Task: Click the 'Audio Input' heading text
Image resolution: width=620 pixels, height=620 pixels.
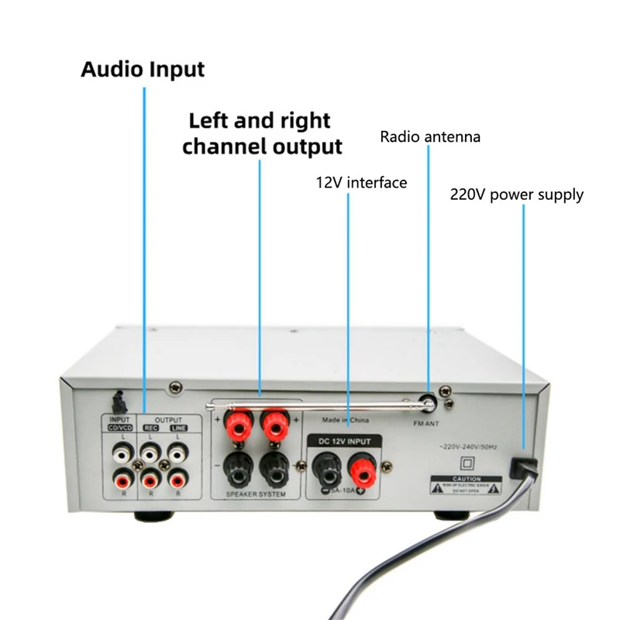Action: point(143,69)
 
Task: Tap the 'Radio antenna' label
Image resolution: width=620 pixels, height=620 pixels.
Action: point(430,137)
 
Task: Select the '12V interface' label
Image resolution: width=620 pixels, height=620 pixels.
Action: point(361,183)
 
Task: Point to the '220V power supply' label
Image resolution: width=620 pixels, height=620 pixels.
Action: point(516,194)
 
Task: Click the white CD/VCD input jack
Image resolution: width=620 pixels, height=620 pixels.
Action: point(120,449)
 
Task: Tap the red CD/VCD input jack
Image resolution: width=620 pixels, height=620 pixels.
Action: point(120,479)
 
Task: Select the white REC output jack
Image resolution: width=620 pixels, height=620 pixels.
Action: point(150,449)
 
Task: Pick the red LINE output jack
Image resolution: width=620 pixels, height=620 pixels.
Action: point(179,479)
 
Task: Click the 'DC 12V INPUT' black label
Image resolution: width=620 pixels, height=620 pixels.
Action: point(345,441)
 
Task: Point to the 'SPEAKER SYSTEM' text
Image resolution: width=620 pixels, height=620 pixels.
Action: point(255,494)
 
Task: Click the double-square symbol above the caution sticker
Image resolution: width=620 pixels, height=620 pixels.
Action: point(468,463)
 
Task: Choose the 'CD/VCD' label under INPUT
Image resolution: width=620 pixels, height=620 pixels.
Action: point(120,429)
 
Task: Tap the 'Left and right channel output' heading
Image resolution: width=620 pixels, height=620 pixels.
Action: point(261,133)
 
